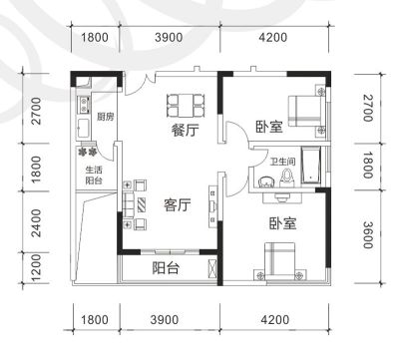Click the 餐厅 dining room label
click(186, 130)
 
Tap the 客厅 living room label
click(178, 204)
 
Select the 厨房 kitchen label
click(106, 117)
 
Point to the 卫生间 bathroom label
click(282, 162)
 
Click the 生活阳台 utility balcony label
click(94, 176)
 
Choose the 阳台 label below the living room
click(167, 268)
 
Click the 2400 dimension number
click(36, 223)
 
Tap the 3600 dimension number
click(367, 234)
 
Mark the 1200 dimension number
click(36, 268)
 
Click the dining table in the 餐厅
click(186, 106)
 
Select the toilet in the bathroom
click(286, 179)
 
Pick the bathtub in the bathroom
click(311, 165)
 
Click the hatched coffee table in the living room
click(142, 204)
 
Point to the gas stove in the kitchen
click(84, 104)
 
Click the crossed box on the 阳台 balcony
click(211, 268)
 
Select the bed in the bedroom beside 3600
click(279, 260)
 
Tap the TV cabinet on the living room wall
click(212, 206)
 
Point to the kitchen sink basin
click(83, 129)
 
